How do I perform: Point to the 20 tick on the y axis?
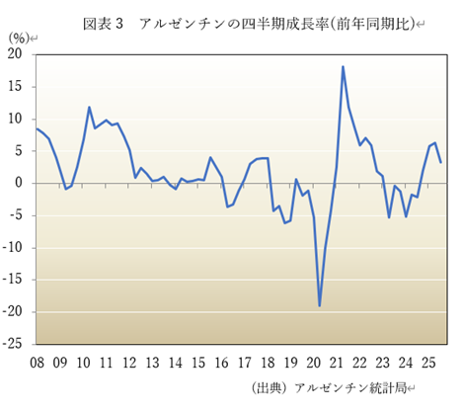(17, 54)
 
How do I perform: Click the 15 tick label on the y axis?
(17, 87)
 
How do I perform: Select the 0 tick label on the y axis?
(21, 183)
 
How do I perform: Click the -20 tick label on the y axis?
(15, 312)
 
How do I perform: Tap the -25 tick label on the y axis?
(15, 344)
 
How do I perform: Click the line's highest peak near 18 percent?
(343, 67)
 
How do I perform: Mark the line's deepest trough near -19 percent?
(320, 305)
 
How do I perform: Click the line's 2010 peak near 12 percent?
(90, 107)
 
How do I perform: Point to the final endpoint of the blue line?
(440, 162)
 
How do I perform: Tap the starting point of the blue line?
(37, 128)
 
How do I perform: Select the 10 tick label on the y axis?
(17, 119)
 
